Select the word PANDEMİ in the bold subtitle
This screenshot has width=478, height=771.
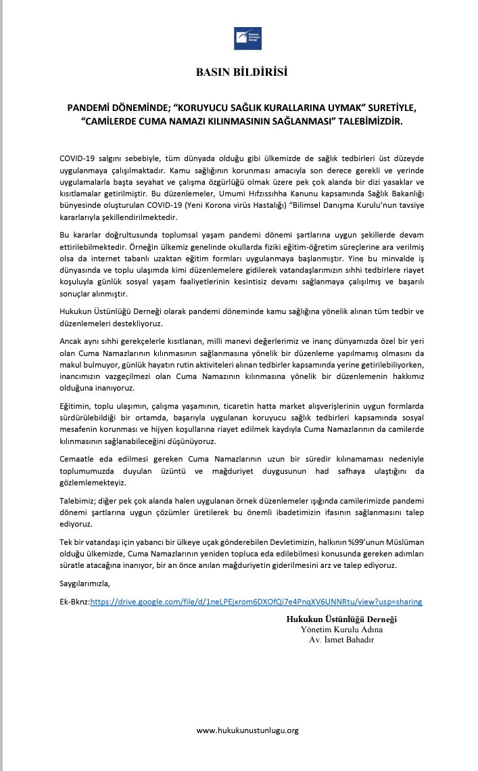(93, 108)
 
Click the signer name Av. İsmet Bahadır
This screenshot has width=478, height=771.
(341, 639)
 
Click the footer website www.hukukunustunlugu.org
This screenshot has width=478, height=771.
(247, 730)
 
